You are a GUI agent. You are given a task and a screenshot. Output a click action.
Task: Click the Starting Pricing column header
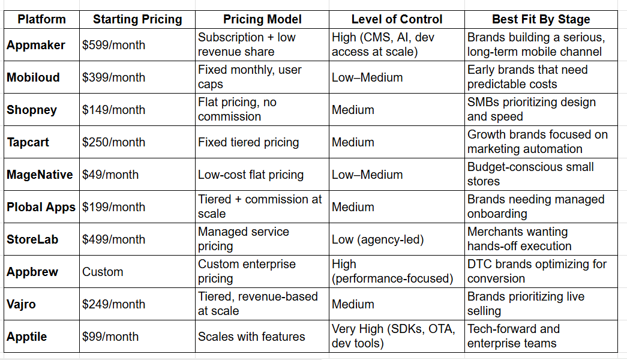click(x=137, y=19)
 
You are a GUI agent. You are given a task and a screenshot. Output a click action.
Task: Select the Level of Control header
click(x=397, y=19)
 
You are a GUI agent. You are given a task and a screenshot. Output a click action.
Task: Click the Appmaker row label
click(x=36, y=45)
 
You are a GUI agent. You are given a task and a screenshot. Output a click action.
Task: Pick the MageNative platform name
click(x=40, y=175)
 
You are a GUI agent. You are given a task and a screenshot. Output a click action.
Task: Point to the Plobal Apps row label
click(x=41, y=207)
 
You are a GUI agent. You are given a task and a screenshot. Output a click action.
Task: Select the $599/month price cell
click(x=113, y=45)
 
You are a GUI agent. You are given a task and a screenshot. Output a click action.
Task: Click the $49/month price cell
click(x=110, y=175)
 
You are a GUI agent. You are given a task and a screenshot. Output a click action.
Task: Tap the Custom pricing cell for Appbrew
click(x=103, y=272)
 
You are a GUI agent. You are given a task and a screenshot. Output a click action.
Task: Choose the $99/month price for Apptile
click(x=110, y=337)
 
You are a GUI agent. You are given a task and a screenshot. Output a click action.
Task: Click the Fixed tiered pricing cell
click(x=248, y=142)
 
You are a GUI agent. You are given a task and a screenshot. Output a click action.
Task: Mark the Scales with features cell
click(x=251, y=337)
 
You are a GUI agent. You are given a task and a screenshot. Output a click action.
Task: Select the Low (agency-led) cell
click(x=377, y=239)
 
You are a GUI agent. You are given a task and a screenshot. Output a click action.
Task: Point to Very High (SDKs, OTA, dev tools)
click(x=395, y=337)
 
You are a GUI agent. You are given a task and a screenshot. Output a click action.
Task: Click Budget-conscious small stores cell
click(x=530, y=174)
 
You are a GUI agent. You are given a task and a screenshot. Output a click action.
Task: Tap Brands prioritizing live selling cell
click(x=526, y=304)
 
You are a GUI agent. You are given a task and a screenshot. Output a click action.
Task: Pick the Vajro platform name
click(x=21, y=304)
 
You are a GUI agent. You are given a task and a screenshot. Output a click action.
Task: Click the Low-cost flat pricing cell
click(x=251, y=175)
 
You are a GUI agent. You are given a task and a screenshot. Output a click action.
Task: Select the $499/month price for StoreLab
click(x=113, y=239)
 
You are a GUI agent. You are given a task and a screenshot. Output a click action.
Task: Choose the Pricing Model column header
click(x=262, y=19)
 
